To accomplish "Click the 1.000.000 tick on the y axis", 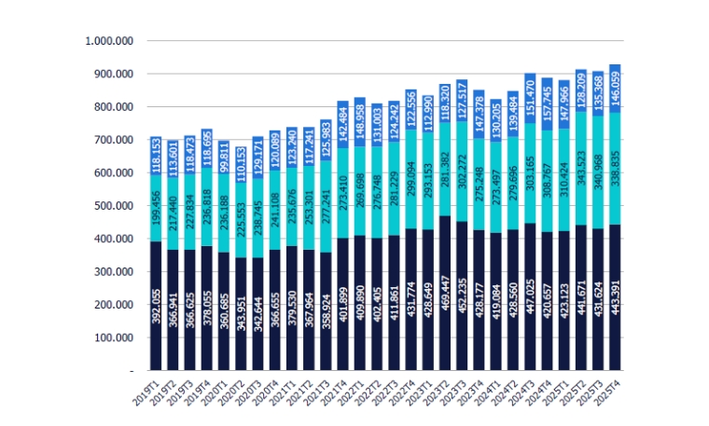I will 110,41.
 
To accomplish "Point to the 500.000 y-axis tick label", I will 113,206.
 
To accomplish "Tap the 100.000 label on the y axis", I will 113,337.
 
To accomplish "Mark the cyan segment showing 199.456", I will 156,209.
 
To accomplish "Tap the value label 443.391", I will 615,308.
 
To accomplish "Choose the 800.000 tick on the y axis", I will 113,107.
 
